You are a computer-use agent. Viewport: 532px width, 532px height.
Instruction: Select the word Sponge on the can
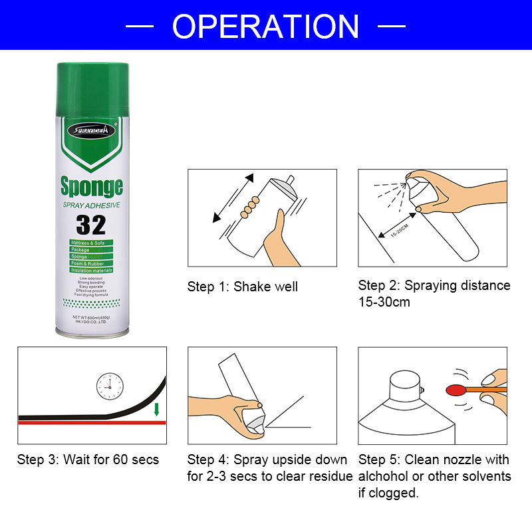[x=91, y=186]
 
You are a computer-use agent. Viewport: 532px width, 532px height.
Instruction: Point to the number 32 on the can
[x=91, y=225]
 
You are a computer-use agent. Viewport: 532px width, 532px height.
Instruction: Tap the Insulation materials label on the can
[x=91, y=271]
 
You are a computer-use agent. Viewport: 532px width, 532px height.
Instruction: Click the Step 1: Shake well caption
[x=242, y=287]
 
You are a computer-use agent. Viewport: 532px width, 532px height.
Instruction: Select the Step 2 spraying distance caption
[x=434, y=293]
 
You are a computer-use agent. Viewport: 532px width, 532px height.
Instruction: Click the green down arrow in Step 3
[x=157, y=409]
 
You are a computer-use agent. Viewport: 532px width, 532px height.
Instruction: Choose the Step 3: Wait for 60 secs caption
[x=88, y=460]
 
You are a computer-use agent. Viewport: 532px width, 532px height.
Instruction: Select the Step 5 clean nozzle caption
[x=434, y=476]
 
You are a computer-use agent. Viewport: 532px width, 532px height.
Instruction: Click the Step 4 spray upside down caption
[x=269, y=468]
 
